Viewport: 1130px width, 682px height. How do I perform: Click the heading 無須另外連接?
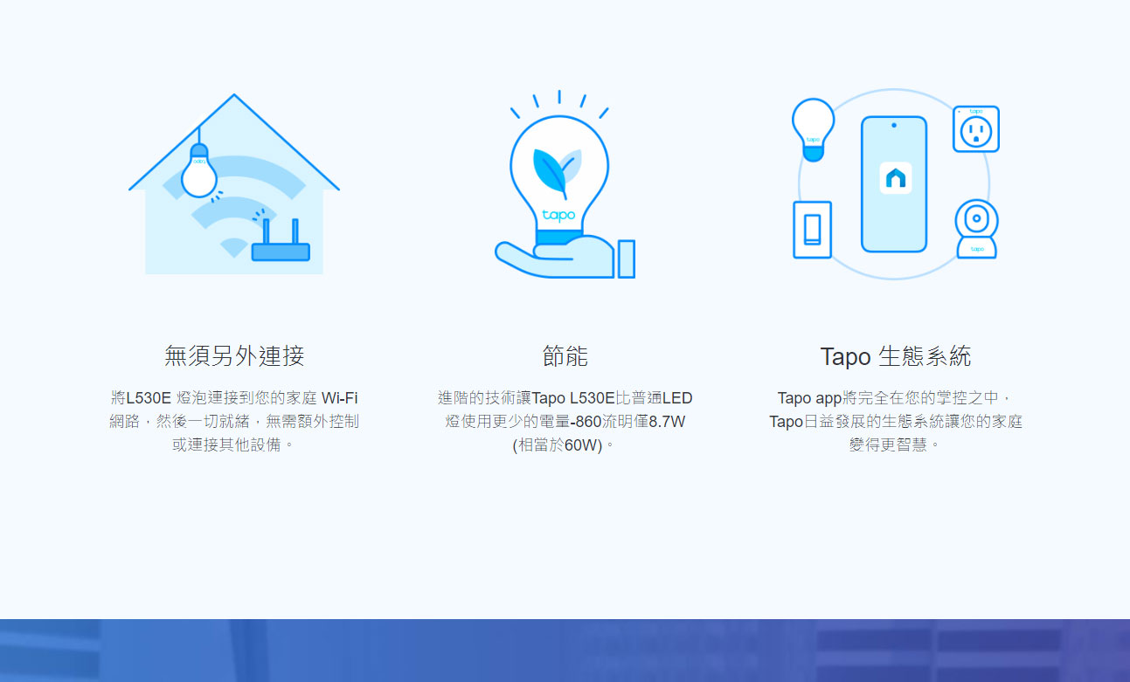tap(234, 356)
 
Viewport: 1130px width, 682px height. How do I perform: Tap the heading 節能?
tap(565, 356)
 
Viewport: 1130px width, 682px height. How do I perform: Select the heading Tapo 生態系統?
tap(896, 356)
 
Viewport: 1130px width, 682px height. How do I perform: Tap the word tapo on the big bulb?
tap(558, 215)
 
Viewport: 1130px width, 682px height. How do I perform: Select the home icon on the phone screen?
tap(896, 178)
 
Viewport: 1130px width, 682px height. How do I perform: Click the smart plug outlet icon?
tap(976, 129)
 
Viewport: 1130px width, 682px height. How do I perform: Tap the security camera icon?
tap(977, 229)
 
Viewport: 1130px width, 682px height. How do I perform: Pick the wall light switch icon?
tap(812, 230)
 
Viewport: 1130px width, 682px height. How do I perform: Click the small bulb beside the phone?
tap(813, 129)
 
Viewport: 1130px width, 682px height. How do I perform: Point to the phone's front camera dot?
tap(894, 126)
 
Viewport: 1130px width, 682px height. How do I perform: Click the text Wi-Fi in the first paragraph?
tap(339, 398)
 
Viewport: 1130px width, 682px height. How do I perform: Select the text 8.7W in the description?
tap(667, 422)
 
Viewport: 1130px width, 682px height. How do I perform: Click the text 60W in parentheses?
tap(581, 445)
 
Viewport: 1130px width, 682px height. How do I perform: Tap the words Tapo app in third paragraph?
tap(809, 398)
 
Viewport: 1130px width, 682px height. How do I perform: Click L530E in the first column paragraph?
tap(149, 398)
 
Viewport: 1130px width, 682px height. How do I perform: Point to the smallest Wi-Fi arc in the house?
tap(233, 247)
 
